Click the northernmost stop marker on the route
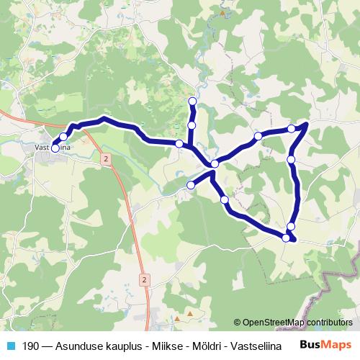(x=192, y=101)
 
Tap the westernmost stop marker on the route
(x=55, y=149)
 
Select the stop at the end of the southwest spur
(x=191, y=186)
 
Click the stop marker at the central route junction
(x=215, y=166)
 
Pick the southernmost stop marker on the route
(x=287, y=238)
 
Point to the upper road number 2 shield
(x=106, y=158)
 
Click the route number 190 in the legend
(x=32, y=345)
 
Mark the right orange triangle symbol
(x=190, y=313)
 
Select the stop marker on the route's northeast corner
(x=292, y=128)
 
